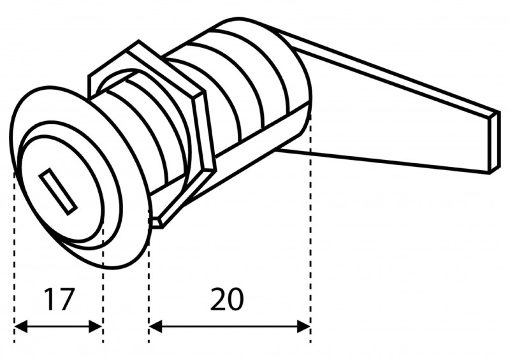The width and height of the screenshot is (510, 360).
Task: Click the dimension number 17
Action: [x=59, y=299]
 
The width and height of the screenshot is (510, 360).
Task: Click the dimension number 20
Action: [x=227, y=299]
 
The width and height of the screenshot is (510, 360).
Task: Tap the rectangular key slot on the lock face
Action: [x=58, y=192]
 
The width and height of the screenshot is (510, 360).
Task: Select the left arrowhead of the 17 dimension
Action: [x=21, y=326]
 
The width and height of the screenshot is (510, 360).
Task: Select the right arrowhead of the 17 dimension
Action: [x=96, y=326]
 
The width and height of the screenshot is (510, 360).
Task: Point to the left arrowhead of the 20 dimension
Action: [x=156, y=326]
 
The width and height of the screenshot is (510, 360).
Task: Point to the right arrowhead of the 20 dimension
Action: [x=304, y=326]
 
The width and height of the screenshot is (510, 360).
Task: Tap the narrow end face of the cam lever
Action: [x=494, y=142]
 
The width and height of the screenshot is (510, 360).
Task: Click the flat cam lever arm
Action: [x=390, y=107]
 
